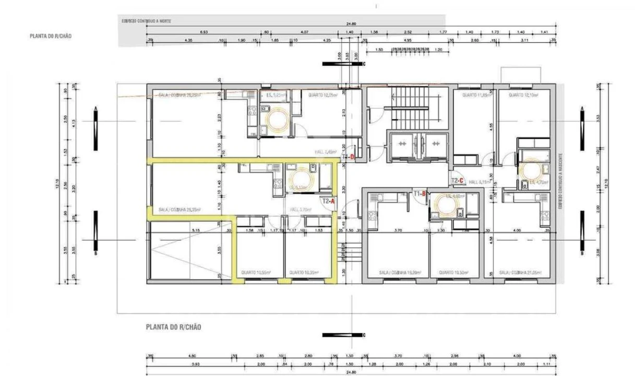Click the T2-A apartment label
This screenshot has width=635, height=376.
pos(328,201)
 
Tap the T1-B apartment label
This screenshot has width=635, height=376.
pos(420,194)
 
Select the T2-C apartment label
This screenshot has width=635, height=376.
pos(458,181)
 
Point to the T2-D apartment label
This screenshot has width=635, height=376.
pos(348,157)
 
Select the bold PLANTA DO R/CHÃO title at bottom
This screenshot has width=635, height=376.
pos(173,327)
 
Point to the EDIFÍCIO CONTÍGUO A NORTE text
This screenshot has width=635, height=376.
pos(146,21)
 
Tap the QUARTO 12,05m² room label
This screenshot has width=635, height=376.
pos(322,95)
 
